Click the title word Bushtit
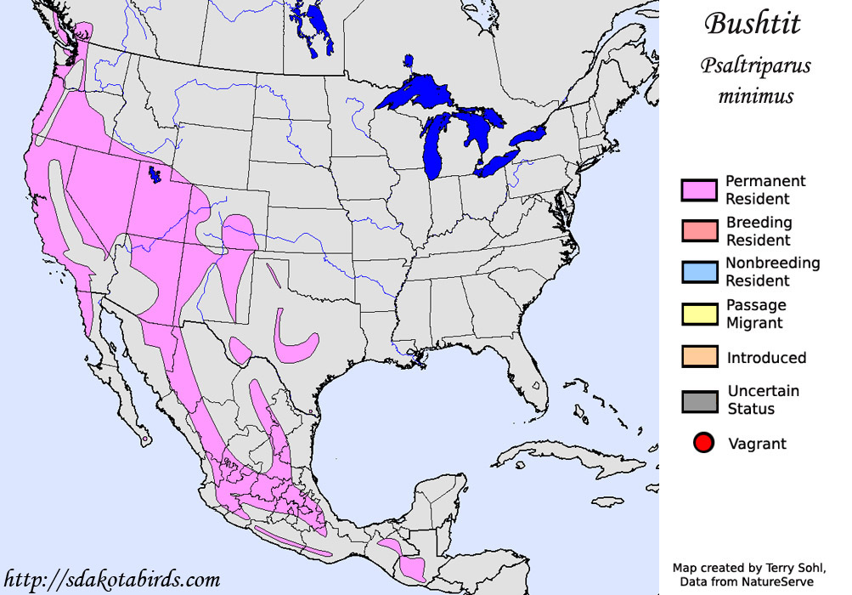(x=752, y=24)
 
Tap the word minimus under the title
(x=755, y=95)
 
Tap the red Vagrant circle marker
(x=702, y=444)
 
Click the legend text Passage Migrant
(x=756, y=314)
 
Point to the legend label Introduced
(x=766, y=358)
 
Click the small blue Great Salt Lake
(x=155, y=175)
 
